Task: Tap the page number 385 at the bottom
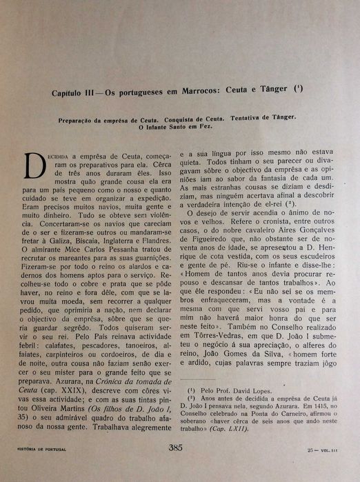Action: point(174,467)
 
